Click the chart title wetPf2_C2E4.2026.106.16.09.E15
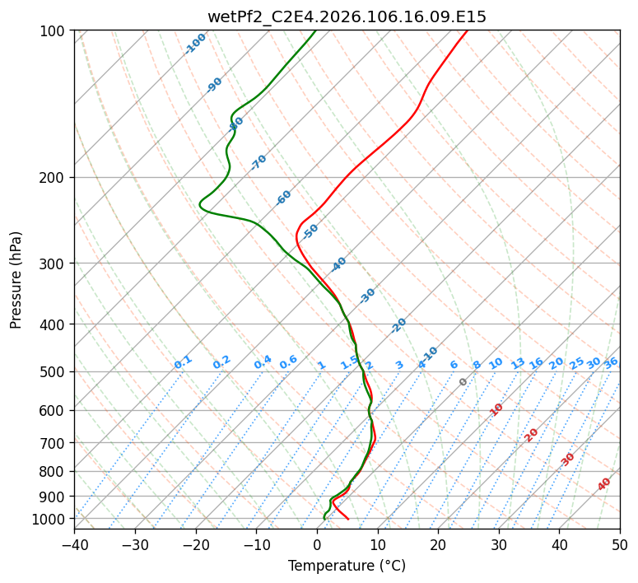tap(347, 16)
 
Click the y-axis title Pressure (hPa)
tap(16, 279)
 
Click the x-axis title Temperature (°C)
tap(347, 566)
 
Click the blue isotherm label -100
tap(196, 43)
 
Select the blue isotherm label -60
tap(284, 197)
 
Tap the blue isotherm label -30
tap(367, 296)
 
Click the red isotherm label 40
tap(604, 484)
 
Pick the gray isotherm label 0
tap(463, 382)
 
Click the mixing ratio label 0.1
tap(183, 362)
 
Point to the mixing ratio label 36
tap(611, 362)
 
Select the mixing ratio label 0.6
tap(288, 362)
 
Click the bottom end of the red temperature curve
tap(348, 519)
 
